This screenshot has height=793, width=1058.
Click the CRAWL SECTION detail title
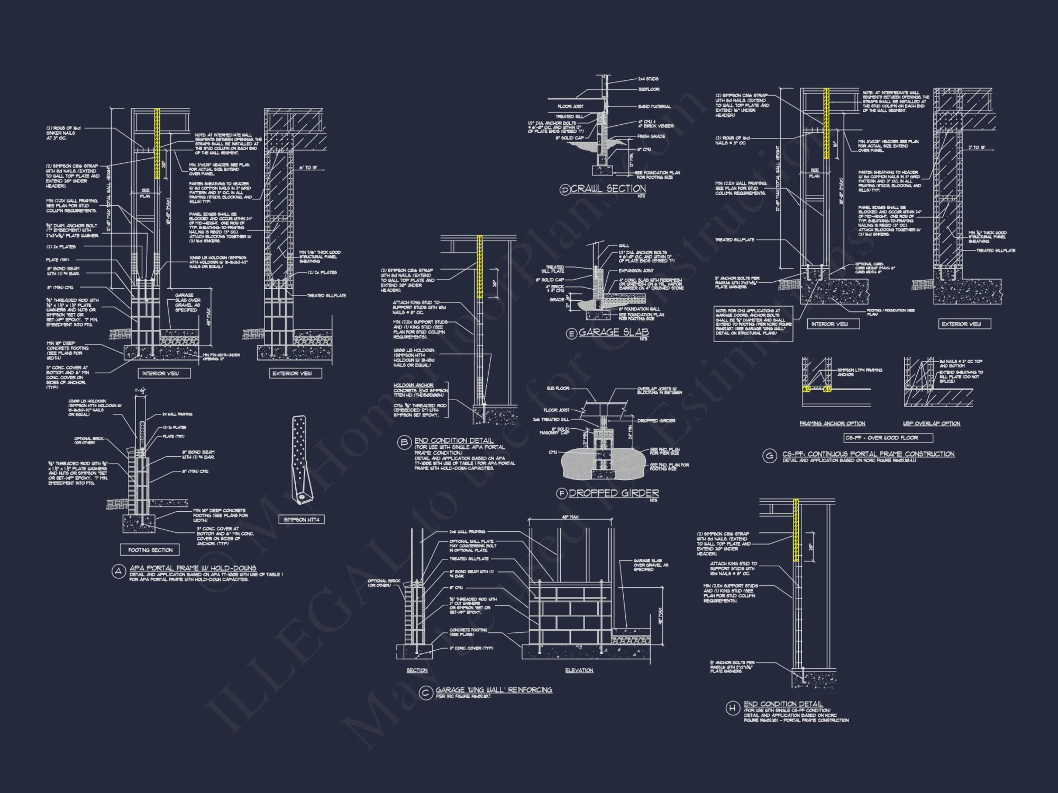coord(608,189)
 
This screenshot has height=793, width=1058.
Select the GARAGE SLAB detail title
coord(613,333)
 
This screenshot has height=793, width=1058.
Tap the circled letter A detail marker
coord(118,571)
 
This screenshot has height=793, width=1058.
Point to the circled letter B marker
coord(404,443)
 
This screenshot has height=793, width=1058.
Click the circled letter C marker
coord(425,693)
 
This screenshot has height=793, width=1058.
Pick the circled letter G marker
coord(769,456)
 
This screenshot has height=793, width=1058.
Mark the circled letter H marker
coord(732,707)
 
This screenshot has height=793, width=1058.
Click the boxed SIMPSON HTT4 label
coord(302,520)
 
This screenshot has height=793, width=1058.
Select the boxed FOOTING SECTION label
coord(150,550)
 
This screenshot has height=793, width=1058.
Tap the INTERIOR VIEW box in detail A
coord(160,373)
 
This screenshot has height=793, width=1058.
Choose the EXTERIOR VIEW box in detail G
coord(961,324)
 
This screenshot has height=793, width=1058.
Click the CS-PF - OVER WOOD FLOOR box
coord(888,438)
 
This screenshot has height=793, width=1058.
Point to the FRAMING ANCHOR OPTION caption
coord(832,423)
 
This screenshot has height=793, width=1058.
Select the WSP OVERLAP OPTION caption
coord(932,423)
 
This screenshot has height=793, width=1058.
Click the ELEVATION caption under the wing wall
coord(579,670)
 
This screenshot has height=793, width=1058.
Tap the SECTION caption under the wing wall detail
coord(417,670)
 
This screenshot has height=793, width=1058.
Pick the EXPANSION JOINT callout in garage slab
coord(636,271)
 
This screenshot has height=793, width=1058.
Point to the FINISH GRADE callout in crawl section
coord(651,136)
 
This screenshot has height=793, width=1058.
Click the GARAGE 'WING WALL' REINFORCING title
coord(494,690)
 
